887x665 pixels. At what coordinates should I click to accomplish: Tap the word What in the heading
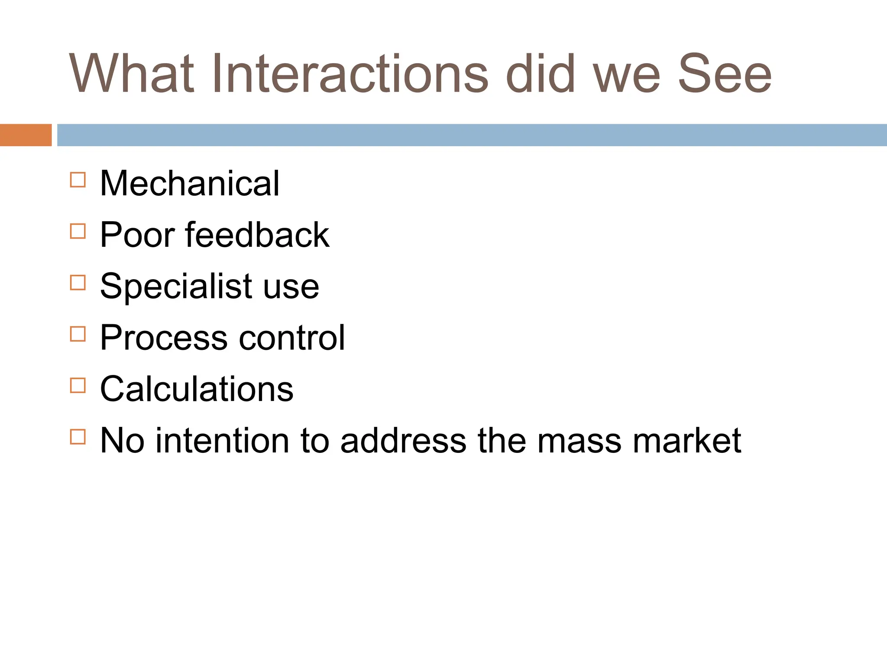(131, 74)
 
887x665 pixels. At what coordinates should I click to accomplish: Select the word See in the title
(725, 74)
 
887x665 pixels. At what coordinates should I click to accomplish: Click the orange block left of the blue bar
(26, 135)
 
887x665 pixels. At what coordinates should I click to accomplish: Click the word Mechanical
(190, 184)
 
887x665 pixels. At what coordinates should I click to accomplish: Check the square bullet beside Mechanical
(78, 180)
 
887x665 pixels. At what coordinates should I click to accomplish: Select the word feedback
(257, 235)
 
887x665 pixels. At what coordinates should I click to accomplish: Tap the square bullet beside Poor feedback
(78, 231)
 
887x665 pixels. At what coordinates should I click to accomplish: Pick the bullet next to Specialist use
(78, 283)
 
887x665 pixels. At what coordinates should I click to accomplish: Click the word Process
(164, 338)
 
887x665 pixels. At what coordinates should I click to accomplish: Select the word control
(292, 338)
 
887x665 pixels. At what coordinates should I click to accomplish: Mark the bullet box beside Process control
(78, 334)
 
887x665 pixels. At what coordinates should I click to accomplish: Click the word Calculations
(197, 389)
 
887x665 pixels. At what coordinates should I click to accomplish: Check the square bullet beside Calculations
(78, 385)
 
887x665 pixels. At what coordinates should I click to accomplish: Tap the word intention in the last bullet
(222, 441)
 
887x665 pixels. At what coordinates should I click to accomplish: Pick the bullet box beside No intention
(78, 437)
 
